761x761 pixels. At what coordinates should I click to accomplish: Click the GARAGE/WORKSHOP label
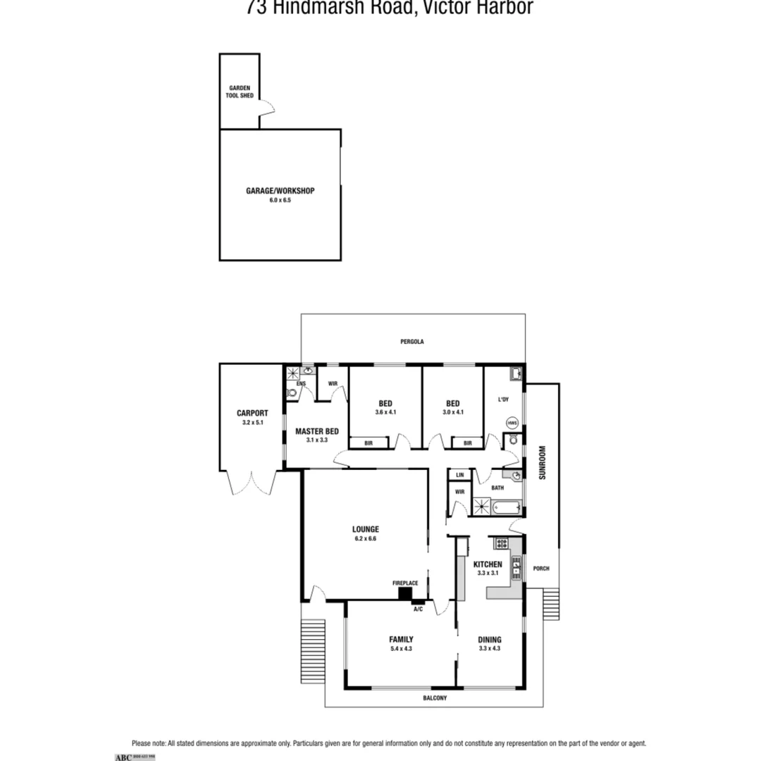pyautogui.click(x=280, y=191)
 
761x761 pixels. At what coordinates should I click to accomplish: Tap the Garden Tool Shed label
pyautogui.click(x=240, y=92)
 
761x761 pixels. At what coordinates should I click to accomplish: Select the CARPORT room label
pyautogui.click(x=252, y=413)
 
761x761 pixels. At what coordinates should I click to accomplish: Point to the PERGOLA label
pyautogui.click(x=412, y=342)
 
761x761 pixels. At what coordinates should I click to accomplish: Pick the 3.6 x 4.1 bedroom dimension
pyautogui.click(x=385, y=412)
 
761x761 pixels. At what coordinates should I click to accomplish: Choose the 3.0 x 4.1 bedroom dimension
pyautogui.click(x=452, y=412)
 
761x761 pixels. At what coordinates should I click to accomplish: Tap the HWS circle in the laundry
pyautogui.click(x=512, y=423)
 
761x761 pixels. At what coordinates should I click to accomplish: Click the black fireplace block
pyautogui.click(x=405, y=593)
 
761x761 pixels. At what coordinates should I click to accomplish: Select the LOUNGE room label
pyautogui.click(x=366, y=529)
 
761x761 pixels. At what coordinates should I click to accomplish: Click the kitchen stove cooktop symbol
pyautogui.click(x=502, y=543)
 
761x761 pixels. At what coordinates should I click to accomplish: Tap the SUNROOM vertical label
pyautogui.click(x=542, y=462)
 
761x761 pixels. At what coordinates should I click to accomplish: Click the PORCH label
pyautogui.click(x=541, y=569)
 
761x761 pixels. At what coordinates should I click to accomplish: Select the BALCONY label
pyautogui.click(x=435, y=698)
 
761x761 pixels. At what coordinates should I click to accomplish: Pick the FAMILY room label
pyautogui.click(x=401, y=640)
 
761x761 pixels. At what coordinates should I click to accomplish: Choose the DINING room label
pyautogui.click(x=489, y=640)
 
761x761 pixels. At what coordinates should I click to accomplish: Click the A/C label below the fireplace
pyautogui.click(x=418, y=609)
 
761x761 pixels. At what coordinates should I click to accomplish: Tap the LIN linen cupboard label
pyautogui.click(x=460, y=476)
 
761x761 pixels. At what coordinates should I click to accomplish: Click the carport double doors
pyautogui.click(x=252, y=483)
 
